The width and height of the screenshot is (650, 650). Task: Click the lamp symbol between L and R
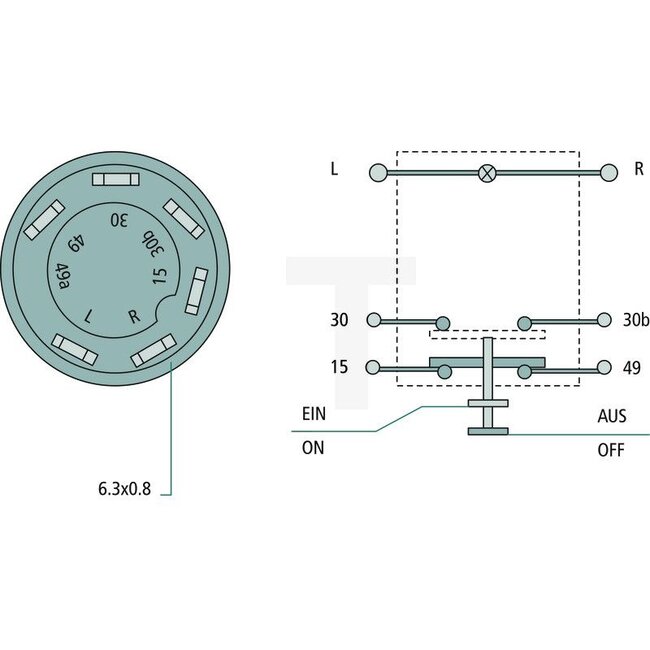(487, 172)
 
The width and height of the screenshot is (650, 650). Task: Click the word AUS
(611, 413)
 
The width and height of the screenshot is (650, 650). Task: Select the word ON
(313, 449)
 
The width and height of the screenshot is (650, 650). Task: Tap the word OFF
(611, 450)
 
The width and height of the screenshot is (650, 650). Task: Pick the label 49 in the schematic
(631, 367)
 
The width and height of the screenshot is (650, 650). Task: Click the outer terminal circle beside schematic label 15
(374, 367)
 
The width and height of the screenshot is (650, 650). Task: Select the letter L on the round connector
(91, 315)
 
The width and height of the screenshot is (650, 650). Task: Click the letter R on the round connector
(134, 316)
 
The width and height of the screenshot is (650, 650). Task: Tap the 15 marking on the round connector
(158, 274)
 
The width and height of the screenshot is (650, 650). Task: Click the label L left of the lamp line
(334, 169)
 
